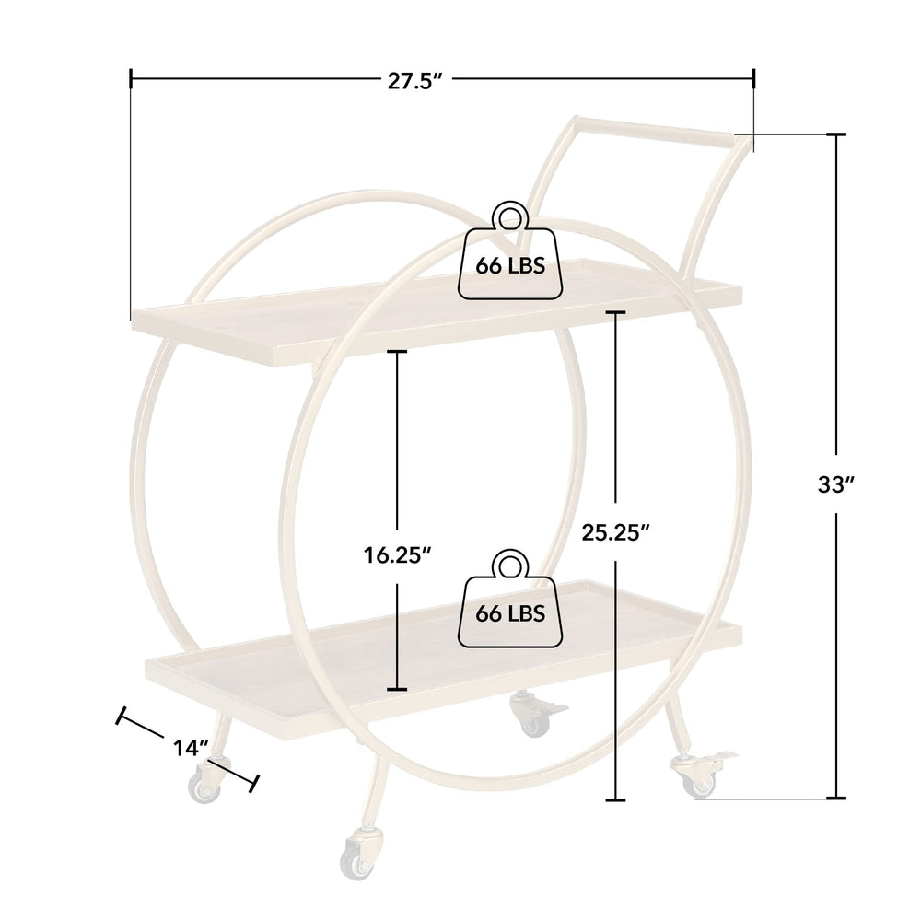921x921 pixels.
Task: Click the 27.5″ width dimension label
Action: (416, 80)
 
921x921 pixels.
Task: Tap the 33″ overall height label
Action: (837, 484)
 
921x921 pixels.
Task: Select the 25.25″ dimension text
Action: (617, 531)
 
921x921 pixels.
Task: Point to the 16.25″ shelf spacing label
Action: (396, 554)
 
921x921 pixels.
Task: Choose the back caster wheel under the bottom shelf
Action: (531, 716)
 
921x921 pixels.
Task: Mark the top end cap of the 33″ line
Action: (836, 135)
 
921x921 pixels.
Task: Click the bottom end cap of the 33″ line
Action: (836, 798)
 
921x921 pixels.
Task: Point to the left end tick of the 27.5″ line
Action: (131, 79)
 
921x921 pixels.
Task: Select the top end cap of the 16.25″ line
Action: (397, 351)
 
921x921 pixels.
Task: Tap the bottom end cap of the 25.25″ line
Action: (616, 799)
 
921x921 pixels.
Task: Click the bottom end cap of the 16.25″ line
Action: (397, 688)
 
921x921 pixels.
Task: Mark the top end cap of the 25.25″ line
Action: (616, 313)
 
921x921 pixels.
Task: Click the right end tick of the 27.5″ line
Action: (754, 79)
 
